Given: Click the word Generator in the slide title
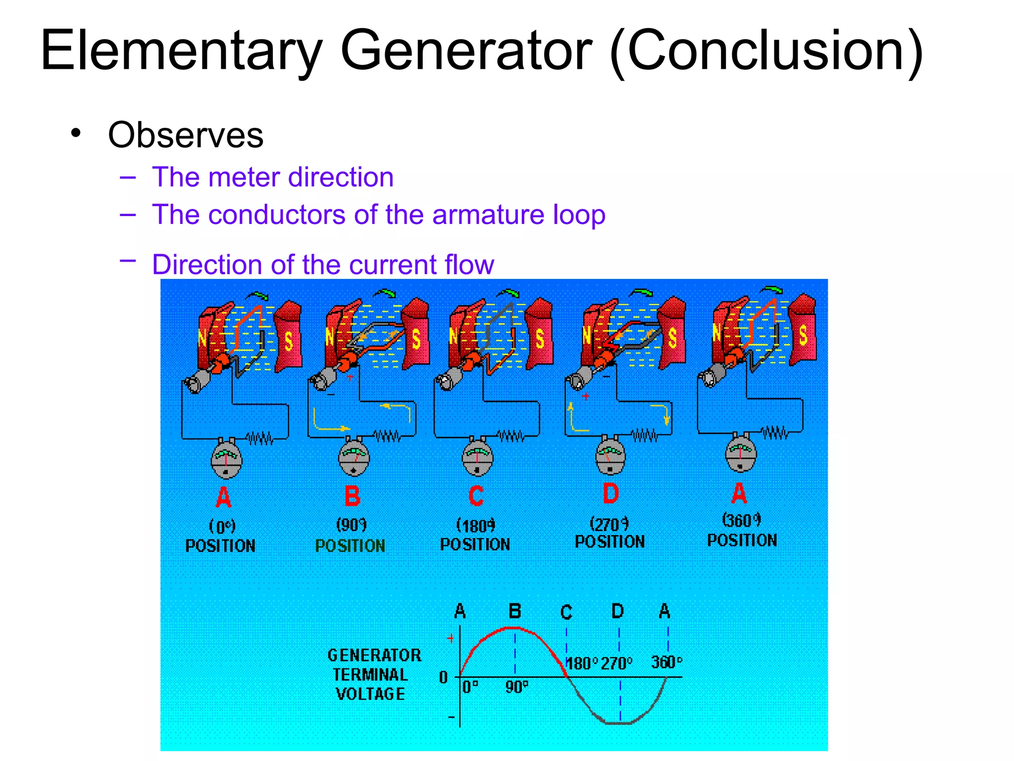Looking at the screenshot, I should [466, 51].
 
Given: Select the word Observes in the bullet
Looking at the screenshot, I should [186, 135].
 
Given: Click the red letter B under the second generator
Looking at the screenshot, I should [352, 496].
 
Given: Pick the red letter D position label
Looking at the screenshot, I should [610, 493].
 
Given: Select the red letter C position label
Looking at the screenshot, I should [476, 496].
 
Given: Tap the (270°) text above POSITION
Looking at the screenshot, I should [609, 523].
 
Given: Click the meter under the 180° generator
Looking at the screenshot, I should [477, 458].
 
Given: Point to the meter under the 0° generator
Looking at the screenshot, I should [226, 460].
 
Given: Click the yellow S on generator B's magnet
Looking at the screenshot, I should [416, 339].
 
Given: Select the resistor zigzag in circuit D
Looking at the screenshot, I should [644, 435].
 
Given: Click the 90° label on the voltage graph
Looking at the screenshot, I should [516, 687].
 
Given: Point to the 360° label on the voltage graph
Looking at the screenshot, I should [666, 662].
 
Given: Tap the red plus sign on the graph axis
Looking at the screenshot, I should [451, 639].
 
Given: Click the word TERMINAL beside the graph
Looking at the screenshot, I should [370, 675].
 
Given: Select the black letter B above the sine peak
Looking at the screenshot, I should [515, 611].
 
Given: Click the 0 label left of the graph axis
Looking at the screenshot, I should [443, 677].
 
